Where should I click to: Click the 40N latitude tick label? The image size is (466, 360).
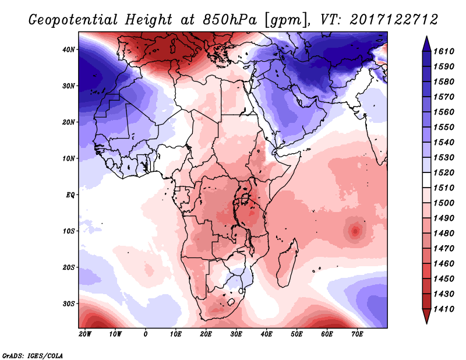coord(68,50)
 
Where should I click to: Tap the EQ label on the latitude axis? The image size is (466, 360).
coord(70,195)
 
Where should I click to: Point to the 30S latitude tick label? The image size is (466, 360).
coord(69,304)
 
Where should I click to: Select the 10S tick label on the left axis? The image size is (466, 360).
coord(69,231)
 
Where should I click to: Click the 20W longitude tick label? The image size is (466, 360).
coord(85,334)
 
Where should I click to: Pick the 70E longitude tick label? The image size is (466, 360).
coord(357,334)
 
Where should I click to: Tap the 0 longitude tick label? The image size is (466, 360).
coord(145,334)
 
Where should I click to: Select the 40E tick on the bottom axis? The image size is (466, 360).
coord(266,334)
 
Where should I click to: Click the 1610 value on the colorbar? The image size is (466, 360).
coord(444,51)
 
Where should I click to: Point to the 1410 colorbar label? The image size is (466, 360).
coord(444,309)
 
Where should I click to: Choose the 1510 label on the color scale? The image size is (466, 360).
coord(444,188)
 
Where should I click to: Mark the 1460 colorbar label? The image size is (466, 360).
coord(444,264)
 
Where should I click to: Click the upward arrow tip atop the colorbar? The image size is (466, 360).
coord(426,37)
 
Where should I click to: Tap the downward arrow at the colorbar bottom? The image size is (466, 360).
coord(426,323)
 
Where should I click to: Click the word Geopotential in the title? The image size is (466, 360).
coord(73,20)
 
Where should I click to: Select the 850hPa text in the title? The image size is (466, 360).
coord(230,20)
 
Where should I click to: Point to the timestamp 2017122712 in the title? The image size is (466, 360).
coord(394,20)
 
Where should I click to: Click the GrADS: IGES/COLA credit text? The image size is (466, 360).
coord(33,355)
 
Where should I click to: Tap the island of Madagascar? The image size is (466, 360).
coord(287,264)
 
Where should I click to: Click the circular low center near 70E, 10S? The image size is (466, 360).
coord(355,231)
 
